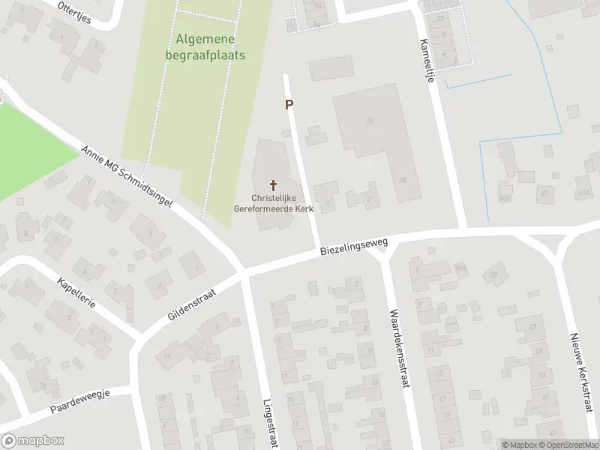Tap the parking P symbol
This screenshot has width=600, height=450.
[289, 105]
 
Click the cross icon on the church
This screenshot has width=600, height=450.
[272, 184]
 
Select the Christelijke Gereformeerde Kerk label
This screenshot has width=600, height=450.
[272, 204]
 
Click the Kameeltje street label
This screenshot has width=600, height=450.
[428, 64]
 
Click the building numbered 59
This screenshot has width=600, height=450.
[493, 275]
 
